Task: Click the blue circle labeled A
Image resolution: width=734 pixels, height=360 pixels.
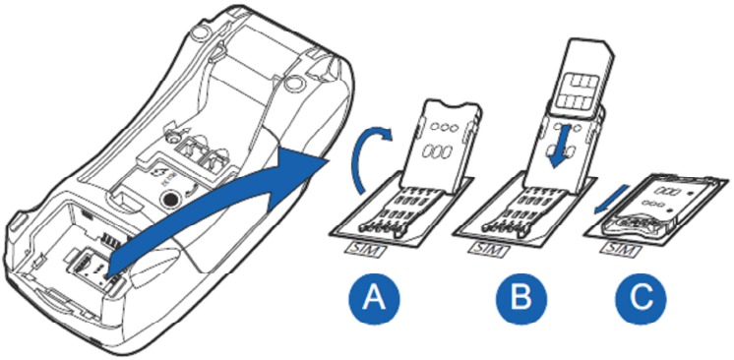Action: click(374, 298)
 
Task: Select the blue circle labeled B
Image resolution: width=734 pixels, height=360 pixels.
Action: click(521, 298)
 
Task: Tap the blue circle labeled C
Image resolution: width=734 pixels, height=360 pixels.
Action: click(640, 298)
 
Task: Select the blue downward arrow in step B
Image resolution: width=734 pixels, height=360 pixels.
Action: click(561, 146)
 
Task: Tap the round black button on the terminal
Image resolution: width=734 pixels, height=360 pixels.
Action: click(169, 199)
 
